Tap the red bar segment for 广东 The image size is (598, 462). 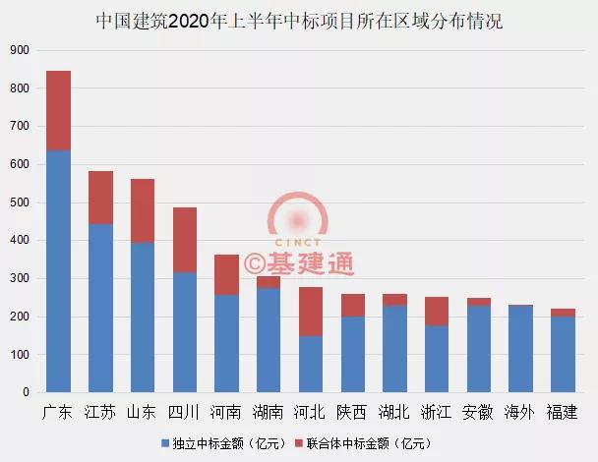[x=58, y=110]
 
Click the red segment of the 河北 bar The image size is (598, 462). [x=311, y=312]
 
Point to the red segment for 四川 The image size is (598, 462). [x=185, y=240]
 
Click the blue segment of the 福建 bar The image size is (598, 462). [x=564, y=354]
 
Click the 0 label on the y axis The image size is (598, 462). [x=26, y=392]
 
